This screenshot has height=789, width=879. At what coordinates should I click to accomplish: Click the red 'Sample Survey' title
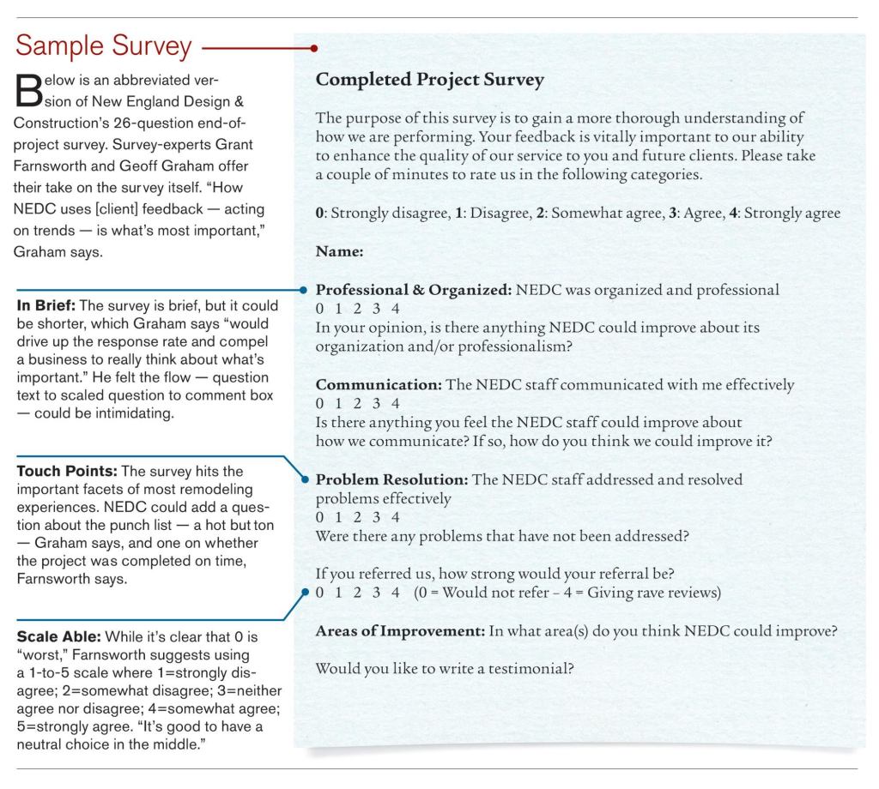104,46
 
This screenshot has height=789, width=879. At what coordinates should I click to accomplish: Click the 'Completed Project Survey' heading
430,81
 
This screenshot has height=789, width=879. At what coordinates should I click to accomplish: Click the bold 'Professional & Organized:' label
414,290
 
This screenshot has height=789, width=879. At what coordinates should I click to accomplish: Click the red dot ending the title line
314,48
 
